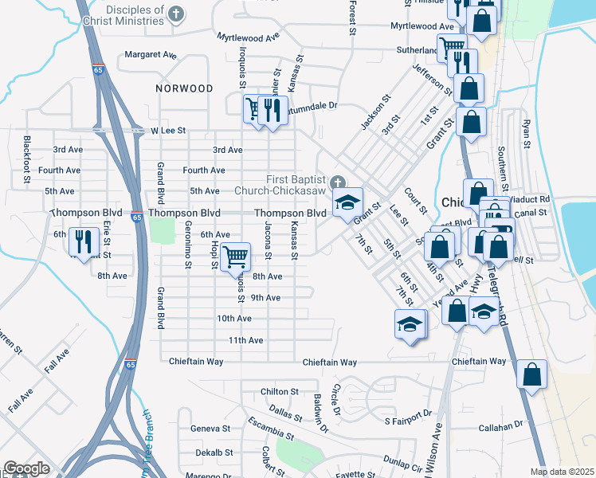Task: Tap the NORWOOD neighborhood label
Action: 184,88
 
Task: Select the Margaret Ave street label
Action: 150,56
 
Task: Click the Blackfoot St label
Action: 27,150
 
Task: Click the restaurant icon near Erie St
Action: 80,240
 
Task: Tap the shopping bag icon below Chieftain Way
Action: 531,374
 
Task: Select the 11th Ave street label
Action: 245,340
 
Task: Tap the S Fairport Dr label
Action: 407,421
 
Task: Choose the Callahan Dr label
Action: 500,427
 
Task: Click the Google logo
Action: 26,468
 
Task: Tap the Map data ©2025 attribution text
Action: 561,472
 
